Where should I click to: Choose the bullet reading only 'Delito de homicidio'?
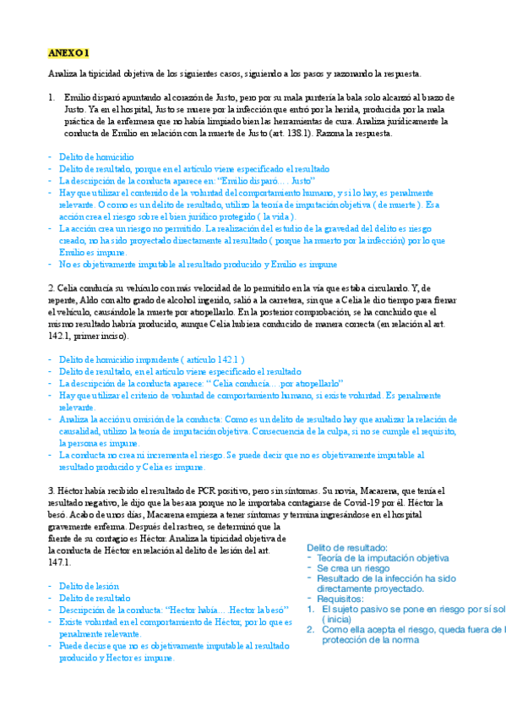coord(96,157)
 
